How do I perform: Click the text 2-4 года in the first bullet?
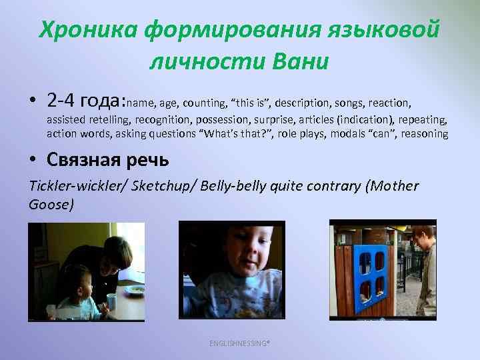85,101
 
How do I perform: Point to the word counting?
204,103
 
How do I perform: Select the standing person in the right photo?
424,267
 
